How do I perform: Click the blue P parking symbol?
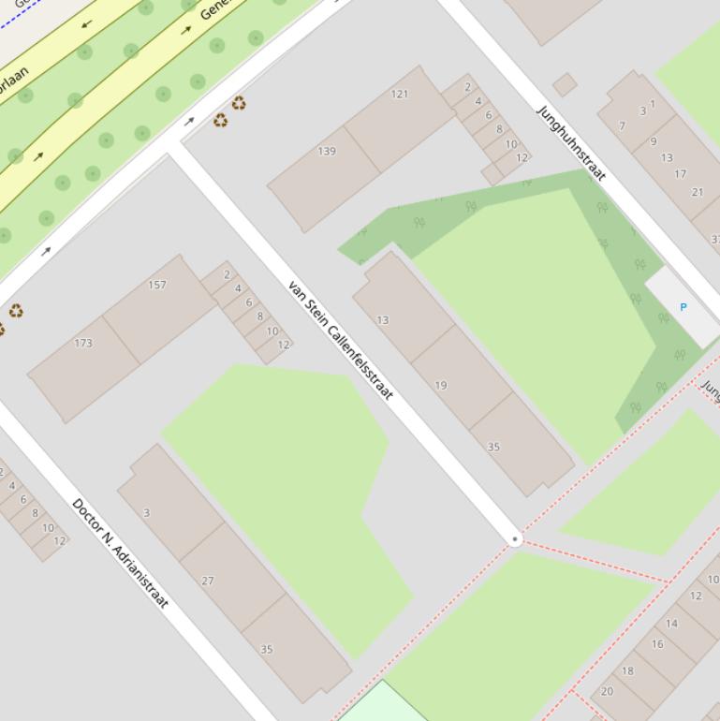point(683,307)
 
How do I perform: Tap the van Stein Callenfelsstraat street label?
point(340,340)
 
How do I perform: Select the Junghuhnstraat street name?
point(571,142)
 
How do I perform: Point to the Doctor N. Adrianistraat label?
point(120,552)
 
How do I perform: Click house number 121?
point(400,94)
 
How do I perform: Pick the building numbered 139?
point(327,151)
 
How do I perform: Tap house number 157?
point(157,285)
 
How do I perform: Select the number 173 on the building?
point(83,343)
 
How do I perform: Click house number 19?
point(441,385)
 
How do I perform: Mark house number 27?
point(208,581)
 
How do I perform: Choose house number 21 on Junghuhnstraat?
point(698,192)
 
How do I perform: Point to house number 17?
point(681,173)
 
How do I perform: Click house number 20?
point(607,691)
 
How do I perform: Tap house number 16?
point(657,643)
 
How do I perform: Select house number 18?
point(627,670)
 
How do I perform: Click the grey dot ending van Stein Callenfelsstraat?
point(515,539)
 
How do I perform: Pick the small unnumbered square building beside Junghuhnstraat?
point(565,85)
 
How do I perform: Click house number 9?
point(653,142)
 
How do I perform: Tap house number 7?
point(622,125)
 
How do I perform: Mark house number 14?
point(671,623)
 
